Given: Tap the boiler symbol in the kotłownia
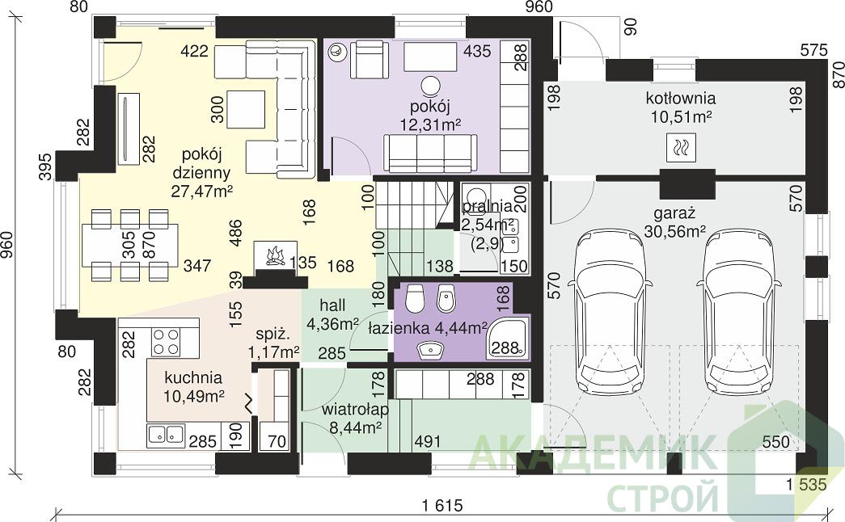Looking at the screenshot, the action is click(x=681, y=148).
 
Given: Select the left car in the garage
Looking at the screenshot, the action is click(x=610, y=311).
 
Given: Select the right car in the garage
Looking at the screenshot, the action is click(x=738, y=311).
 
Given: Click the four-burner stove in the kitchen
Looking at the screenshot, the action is click(x=166, y=342).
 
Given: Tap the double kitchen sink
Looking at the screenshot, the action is click(x=166, y=434).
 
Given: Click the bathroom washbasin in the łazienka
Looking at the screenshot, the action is click(x=430, y=350).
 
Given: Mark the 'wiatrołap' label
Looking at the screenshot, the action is click(x=355, y=410).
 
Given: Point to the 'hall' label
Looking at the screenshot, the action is click(x=332, y=305).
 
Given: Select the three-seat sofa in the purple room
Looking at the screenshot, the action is click(x=430, y=154).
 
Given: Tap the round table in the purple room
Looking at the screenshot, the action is click(x=431, y=86).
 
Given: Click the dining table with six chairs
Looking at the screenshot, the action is click(x=130, y=245).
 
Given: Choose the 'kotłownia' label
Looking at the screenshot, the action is click(x=681, y=98).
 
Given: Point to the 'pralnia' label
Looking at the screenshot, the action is click(x=487, y=206).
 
